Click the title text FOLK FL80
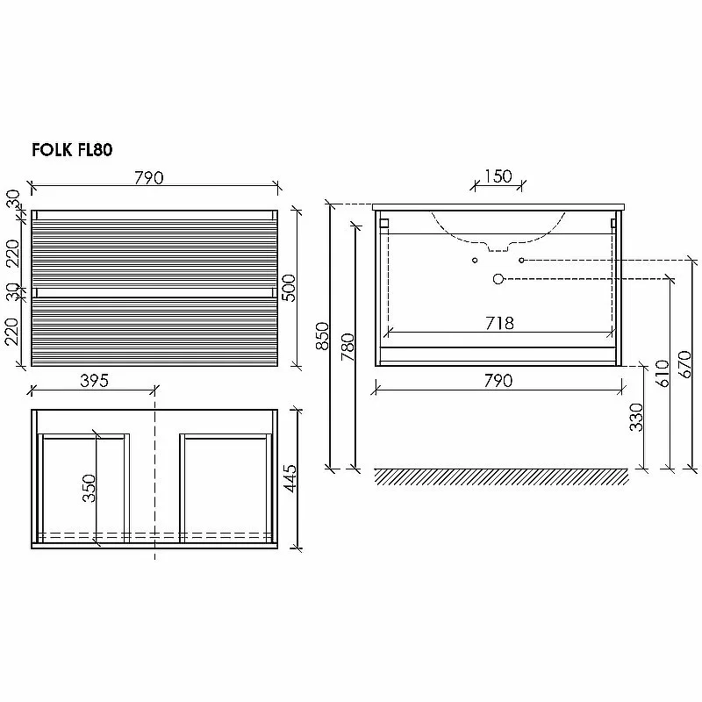(72, 149)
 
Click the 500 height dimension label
(290, 288)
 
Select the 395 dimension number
(95, 381)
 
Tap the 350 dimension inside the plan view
(90, 488)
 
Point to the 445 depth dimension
(290, 478)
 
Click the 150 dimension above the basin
(498, 176)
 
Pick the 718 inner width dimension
(499, 323)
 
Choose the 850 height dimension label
(322, 336)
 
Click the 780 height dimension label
(347, 347)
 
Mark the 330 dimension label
(636, 417)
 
